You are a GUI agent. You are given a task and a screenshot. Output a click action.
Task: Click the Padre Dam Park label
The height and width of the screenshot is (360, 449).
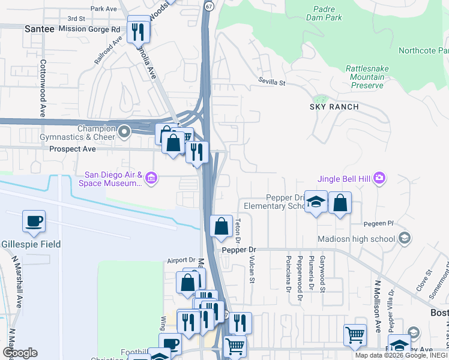pos(328,13)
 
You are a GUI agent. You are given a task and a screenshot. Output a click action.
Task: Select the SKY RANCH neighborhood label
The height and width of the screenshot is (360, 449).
pos(334,107)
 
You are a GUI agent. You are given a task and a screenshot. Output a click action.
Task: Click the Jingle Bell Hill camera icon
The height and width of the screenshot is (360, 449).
pos(379,178)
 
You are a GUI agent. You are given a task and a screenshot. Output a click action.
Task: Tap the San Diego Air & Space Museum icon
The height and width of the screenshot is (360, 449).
pos(151,178)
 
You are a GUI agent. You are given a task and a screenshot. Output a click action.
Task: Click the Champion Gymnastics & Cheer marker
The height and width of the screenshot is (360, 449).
pos(124,131)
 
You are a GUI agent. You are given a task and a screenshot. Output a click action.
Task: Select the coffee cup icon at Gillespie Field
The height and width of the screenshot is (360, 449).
pos(34,221)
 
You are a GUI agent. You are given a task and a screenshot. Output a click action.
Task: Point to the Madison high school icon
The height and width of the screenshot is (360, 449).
pos(405,239)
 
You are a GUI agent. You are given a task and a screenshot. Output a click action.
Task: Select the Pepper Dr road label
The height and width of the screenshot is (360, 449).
pos(238,249)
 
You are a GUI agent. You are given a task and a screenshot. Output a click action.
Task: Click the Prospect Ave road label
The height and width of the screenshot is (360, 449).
pos(73,148)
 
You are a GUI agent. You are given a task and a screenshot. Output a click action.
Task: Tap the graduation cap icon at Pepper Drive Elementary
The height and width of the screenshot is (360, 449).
pos(315,203)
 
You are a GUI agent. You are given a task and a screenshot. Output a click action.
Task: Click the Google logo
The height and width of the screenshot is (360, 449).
pos(20,353)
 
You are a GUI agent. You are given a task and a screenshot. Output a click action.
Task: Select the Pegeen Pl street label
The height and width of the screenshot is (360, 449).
pos(378,224)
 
